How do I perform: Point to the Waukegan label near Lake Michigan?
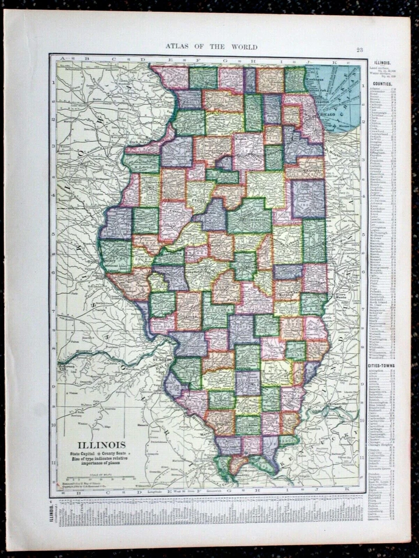click(x=315, y=81)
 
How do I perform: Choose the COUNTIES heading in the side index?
click(x=382, y=83)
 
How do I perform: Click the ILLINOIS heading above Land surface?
click(x=382, y=62)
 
